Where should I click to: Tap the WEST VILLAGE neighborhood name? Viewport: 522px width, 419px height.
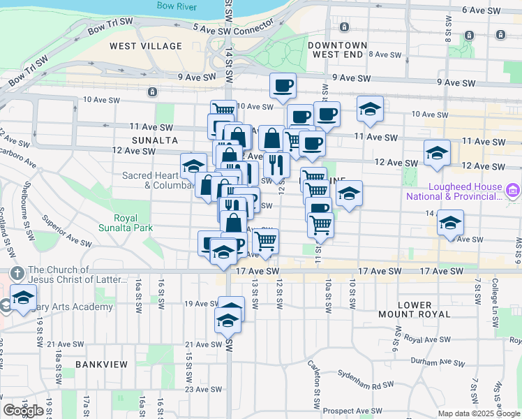(146, 46)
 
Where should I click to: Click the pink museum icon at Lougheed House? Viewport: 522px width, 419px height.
(512, 190)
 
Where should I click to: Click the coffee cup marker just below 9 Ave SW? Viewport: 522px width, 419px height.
(283, 86)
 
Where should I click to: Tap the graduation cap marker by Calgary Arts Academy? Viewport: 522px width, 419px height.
(23, 298)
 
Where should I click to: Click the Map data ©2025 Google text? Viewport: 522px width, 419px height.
(479, 413)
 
